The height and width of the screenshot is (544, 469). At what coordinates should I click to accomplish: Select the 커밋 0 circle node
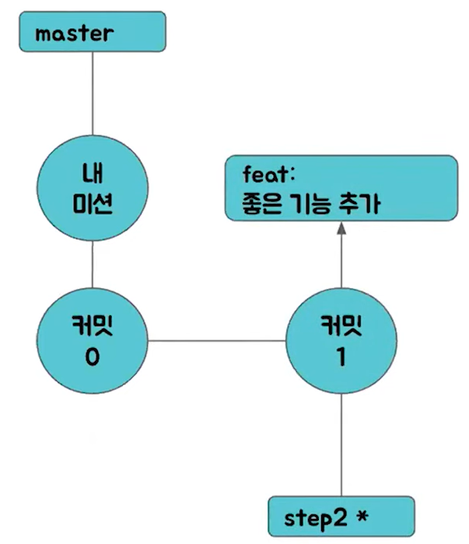[x=93, y=340]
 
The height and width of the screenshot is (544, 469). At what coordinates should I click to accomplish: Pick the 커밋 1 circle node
[x=341, y=340]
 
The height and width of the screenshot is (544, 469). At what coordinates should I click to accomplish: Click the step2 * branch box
[x=341, y=515]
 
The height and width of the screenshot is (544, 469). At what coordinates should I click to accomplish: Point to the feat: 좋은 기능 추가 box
[x=340, y=188]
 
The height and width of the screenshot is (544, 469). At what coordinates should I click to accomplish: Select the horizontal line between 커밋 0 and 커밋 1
[x=217, y=340]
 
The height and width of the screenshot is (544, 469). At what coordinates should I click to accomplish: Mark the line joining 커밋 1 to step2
[x=341, y=444]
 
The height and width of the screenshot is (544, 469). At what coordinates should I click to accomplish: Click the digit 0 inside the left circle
[x=93, y=359]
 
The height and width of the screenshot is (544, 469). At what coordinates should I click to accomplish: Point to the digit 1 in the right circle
[x=341, y=359]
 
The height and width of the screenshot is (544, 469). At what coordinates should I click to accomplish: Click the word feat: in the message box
[x=264, y=173]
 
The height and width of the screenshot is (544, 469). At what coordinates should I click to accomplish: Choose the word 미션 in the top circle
[x=93, y=204]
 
